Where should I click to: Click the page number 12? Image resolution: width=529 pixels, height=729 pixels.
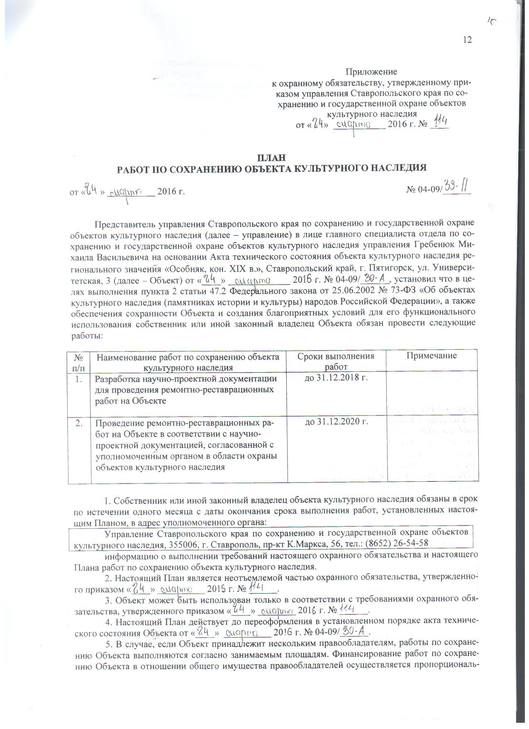click(x=467, y=40)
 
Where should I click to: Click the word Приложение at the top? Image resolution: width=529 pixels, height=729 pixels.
click(x=371, y=72)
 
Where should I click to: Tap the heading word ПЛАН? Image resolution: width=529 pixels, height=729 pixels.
click(x=271, y=158)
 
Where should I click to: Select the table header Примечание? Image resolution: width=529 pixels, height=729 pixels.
click(x=431, y=356)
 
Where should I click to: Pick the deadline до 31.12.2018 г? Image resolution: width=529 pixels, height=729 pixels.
click(x=337, y=378)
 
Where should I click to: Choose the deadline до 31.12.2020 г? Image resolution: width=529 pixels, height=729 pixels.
click(x=337, y=422)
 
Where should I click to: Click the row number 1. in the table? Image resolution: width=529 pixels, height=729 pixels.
click(x=80, y=378)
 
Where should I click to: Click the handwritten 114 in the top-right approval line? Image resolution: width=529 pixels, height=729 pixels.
click(x=440, y=123)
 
